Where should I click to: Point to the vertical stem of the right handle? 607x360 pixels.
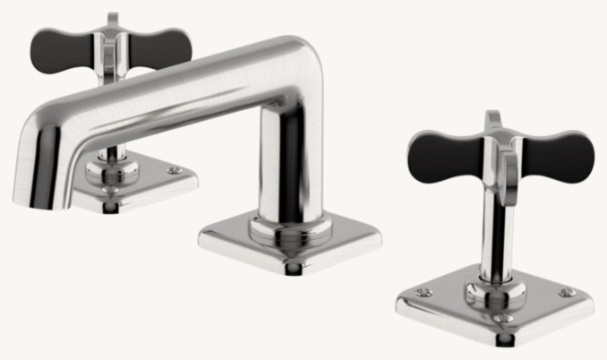pyautogui.click(x=493, y=233)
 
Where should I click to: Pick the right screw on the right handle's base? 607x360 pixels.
pyautogui.click(x=564, y=292)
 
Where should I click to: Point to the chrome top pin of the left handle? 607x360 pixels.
pyautogui.click(x=112, y=20)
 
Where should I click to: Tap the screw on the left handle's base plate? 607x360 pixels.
pyautogui.click(x=175, y=170)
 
